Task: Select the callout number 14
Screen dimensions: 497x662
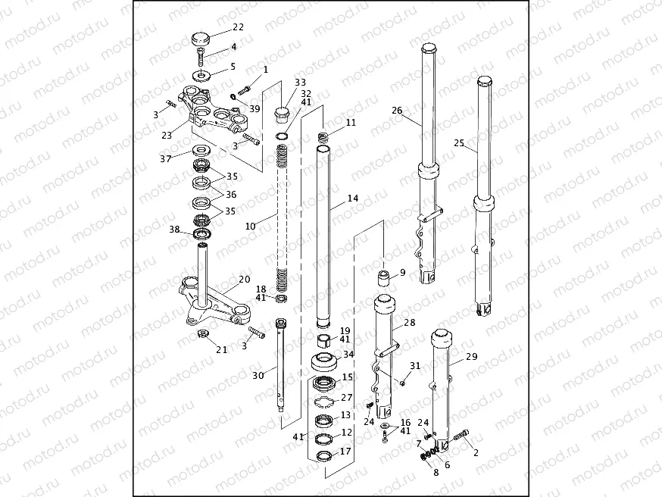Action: point(353,198)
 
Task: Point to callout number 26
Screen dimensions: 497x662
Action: point(397,110)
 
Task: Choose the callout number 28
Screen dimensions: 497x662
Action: point(409,323)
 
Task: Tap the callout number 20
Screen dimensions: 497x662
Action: point(245,280)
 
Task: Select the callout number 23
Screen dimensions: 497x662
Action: point(166,136)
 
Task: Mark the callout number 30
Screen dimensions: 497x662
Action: point(259,375)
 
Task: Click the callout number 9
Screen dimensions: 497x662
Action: point(402,272)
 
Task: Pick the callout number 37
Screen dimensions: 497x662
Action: point(166,158)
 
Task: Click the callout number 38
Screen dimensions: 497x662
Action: point(174,230)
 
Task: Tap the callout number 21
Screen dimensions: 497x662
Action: point(222,349)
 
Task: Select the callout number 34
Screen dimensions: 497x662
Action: point(348,355)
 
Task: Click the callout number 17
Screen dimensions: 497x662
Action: point(346,452)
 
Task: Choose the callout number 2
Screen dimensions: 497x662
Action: point(476,453)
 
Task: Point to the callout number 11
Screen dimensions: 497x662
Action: point(350,122)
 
